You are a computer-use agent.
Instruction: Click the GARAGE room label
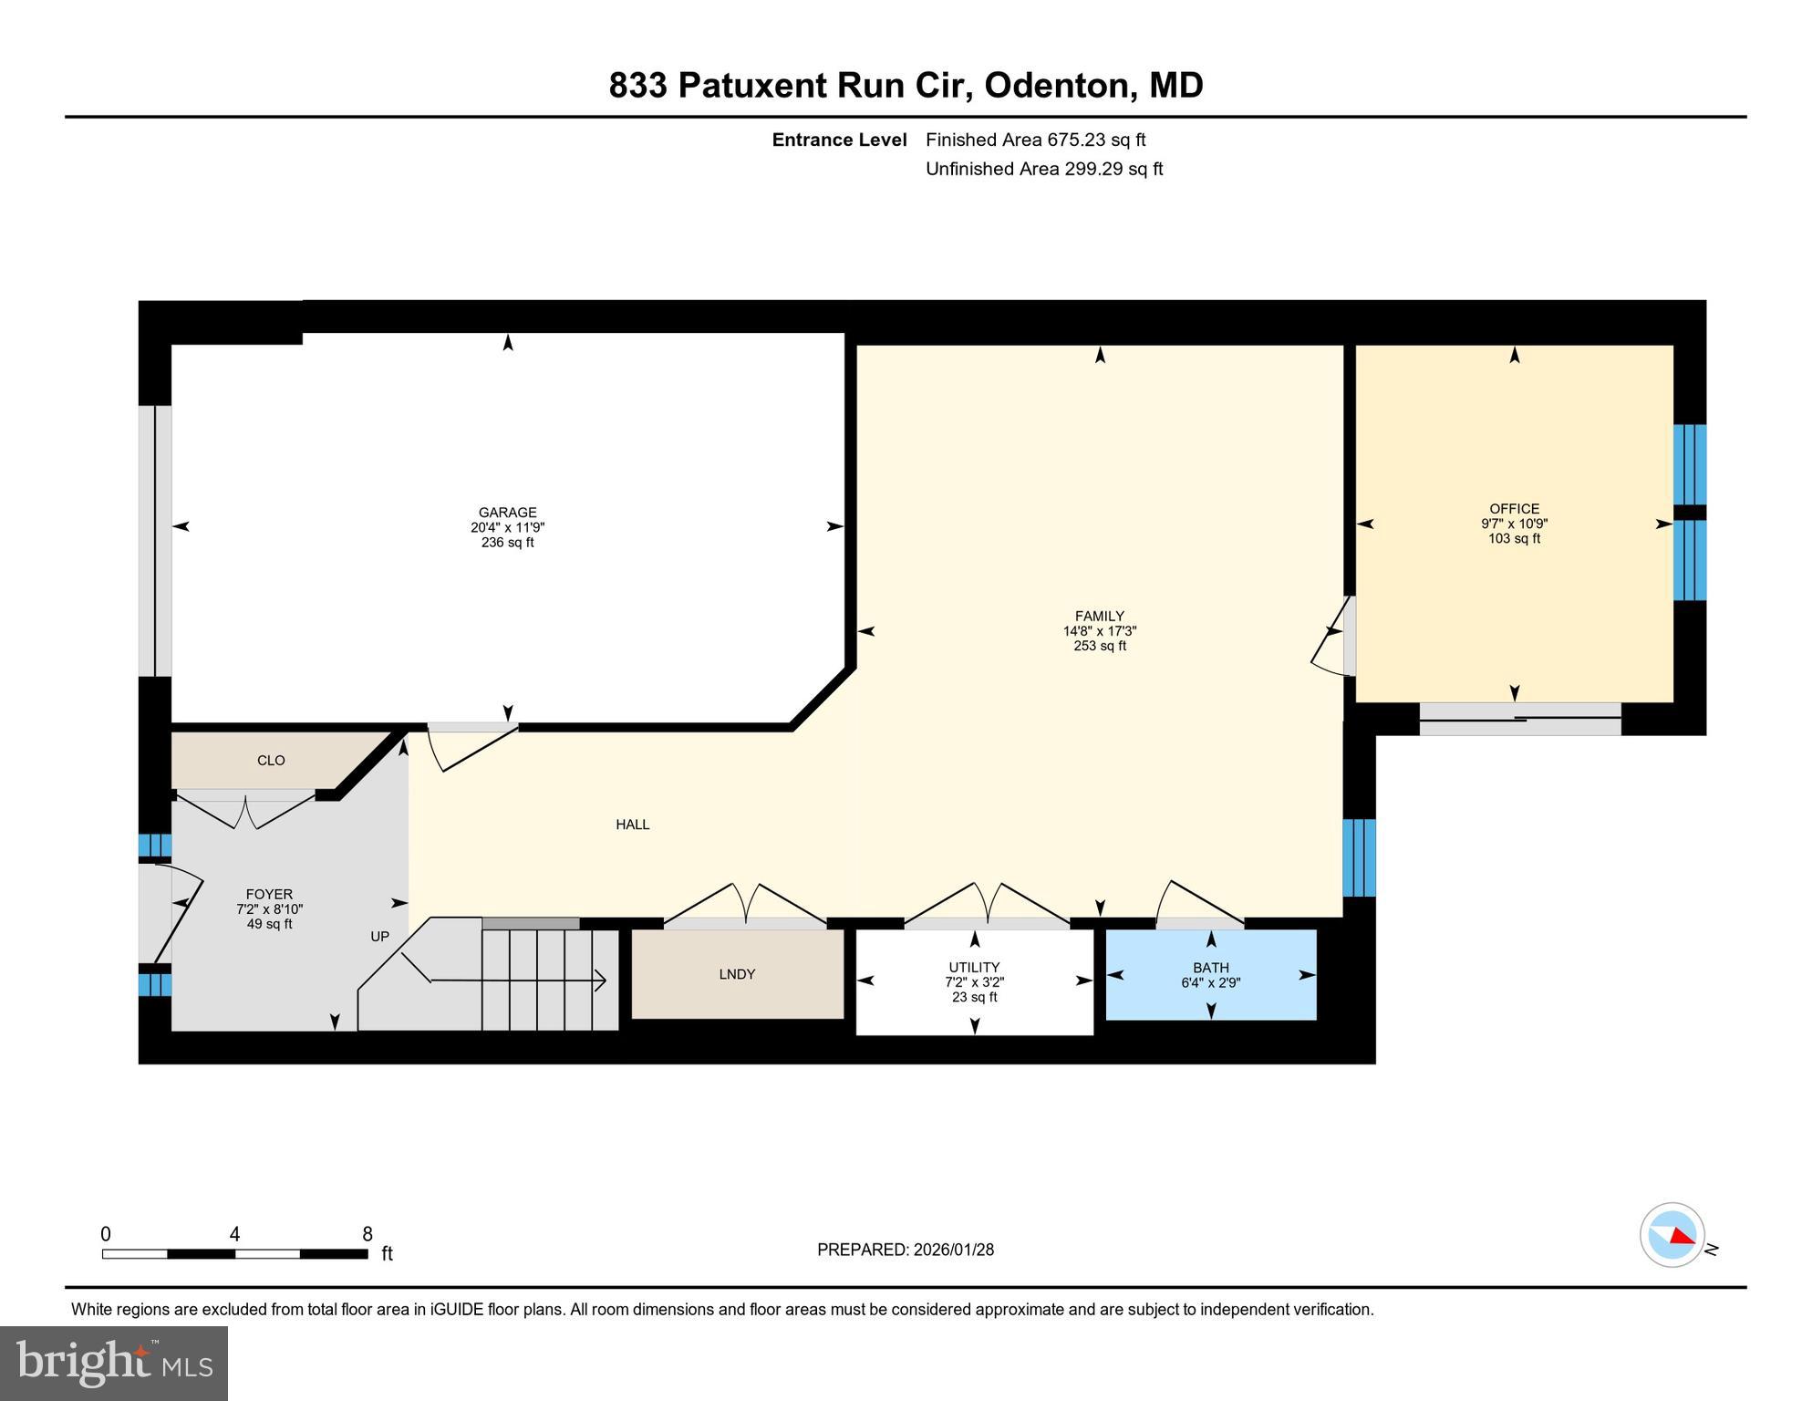(507, 513)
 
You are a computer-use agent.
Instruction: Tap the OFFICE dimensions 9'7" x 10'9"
(1514, 524)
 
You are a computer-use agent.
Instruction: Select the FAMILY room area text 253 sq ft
(1099, 646)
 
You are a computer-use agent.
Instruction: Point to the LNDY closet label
(736, 974)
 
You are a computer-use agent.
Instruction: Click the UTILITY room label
(973, 968)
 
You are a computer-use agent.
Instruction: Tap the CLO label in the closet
(271, 761)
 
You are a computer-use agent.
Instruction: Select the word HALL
(632, 825)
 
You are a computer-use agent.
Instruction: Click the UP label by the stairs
(379, 937)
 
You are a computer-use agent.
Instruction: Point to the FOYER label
(269, 895)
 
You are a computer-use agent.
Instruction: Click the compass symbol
(1672, 1235)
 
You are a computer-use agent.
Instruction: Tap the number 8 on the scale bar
(367, 1234)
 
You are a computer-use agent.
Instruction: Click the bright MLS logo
(113, 1363)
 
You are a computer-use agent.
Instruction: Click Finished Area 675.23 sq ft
(1035, 140)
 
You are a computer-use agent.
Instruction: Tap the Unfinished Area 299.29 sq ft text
(1043, 169)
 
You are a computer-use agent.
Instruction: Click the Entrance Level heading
(839, 140)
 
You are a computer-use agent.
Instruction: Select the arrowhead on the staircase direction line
(601, 981)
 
